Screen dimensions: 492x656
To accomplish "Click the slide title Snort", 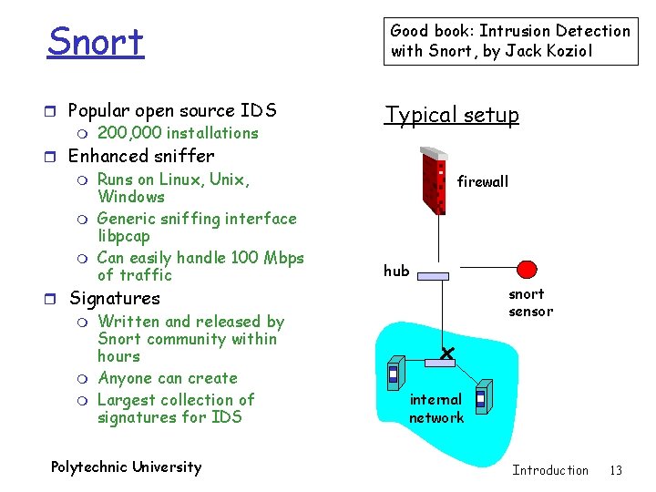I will [x=96, y=42].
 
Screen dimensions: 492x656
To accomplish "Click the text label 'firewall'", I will [x=483, y=182].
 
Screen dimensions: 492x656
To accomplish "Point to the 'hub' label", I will [x=396, y=271].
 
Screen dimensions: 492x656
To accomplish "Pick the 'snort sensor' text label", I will [x=530, y=302].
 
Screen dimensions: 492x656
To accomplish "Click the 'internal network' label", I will [x=436, y=408].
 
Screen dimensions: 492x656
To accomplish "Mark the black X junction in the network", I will [x=446, y=353].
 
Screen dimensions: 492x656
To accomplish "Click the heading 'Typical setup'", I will [x=452, y=115].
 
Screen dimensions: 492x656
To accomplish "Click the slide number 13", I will [x=616, y=470].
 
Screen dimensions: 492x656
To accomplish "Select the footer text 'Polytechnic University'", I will [x=126, y=467].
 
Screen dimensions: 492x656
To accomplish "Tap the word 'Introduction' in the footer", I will [x=550, y=470].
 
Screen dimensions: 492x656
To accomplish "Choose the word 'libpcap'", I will [x=124, y=236].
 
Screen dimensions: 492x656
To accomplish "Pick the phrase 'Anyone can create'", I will [x=167, y=378].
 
